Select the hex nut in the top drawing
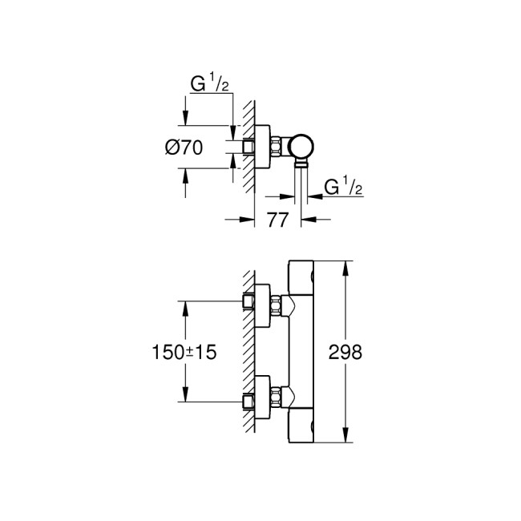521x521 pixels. click(278, 147)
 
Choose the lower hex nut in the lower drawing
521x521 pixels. click(277, 397)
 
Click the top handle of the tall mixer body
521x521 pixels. click(301, 275)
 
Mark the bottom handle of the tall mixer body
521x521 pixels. click(301, 427)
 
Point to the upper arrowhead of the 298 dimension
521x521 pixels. click(345, 265)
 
